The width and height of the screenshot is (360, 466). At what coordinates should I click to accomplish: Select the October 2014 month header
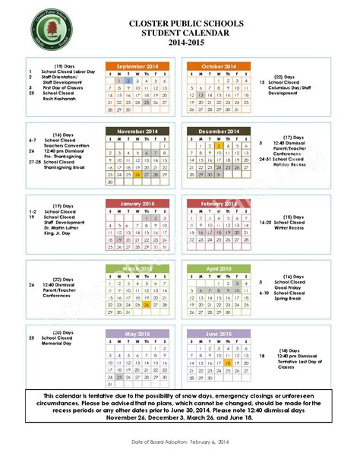click(x=219, y=67)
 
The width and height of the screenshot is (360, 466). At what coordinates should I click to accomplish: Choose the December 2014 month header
click(x=219, y=131)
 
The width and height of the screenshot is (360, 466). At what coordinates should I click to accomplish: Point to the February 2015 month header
click(x=219, y=203)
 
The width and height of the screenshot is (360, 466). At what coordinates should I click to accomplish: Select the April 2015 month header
click(x=219, y=268)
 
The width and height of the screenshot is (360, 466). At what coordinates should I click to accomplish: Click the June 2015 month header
click(x=219, y=333)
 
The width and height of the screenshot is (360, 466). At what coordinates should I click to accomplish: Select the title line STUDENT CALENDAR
click(x=180, y=33)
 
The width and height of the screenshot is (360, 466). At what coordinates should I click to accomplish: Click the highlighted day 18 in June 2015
click(x=228, y=363)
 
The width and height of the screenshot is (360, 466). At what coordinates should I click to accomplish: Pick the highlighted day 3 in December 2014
click(x=218, y=145)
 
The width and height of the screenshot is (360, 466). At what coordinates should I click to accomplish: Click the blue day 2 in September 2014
click(x=129, y=80)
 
